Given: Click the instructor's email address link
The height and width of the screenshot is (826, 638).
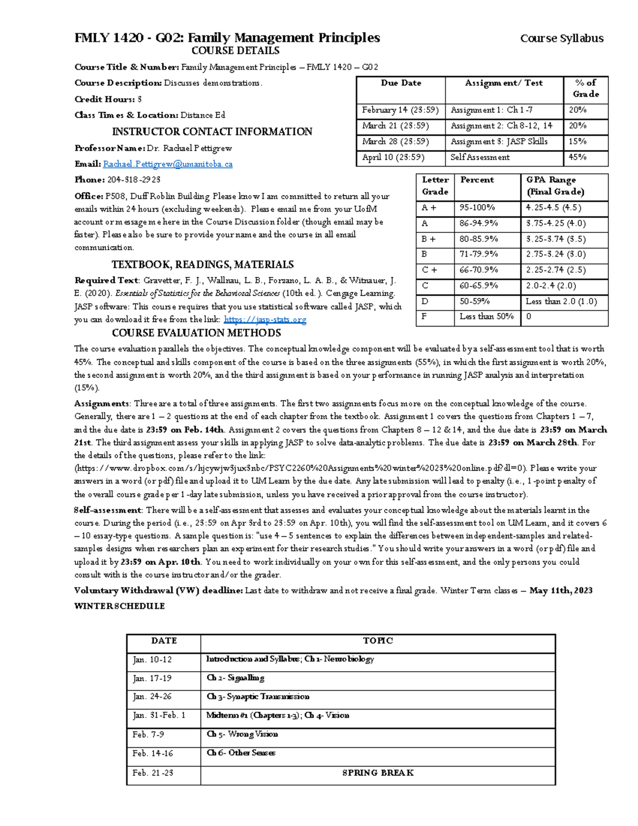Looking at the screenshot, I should (x=167, y=164).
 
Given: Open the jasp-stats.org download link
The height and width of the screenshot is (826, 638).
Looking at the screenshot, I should (x=265, y=320).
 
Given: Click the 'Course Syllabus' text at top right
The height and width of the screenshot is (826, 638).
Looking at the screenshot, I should (x=561, y=38).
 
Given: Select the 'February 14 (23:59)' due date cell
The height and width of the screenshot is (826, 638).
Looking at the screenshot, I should (x=400, y=110).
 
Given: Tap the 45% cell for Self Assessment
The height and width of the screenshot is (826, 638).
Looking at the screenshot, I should (x=577, y=157).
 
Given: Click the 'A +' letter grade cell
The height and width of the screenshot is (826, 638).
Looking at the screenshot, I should (x=429, y=208).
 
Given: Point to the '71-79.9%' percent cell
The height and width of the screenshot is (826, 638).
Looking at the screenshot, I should (x=478, y=254).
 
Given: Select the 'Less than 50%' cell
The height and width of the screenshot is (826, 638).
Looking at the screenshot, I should (x=486, y=316).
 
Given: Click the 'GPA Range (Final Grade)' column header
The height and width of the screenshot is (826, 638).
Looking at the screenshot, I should (x=555, y=186).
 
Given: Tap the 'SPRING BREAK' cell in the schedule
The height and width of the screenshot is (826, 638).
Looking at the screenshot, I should (x=377, y=773).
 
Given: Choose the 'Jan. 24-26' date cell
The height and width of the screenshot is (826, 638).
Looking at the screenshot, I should (x=152, y=697).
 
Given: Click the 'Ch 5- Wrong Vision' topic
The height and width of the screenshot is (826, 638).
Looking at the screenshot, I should (x=242, y=735).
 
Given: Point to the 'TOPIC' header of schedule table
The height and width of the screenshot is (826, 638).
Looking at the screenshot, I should (x=377, y=641).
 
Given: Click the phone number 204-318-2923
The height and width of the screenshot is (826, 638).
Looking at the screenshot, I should (x=134, y=180).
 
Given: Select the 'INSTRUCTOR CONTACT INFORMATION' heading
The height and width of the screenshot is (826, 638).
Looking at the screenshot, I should (x=212, y=132).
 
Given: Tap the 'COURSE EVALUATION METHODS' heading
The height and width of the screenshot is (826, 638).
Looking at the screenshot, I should (x=196, y=333).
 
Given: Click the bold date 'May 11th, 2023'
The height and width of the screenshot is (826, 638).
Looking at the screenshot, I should (x=561, y=590).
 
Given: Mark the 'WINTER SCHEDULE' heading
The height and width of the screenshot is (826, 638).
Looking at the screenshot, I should (x=120, y=606).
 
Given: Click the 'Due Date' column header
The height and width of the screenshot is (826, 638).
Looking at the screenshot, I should (x=401, y=83).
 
